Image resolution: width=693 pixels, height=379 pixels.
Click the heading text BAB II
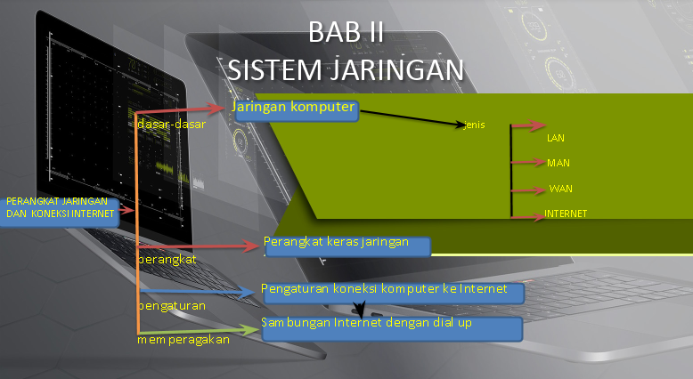346,31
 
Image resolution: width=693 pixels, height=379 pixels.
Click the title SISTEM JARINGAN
346,69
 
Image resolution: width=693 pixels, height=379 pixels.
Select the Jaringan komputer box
296,109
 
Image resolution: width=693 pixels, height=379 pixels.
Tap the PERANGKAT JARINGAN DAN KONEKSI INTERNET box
59,207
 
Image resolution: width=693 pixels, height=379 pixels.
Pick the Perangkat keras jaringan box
347,245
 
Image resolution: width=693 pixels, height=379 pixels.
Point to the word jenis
475,124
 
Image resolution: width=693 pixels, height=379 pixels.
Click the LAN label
556,138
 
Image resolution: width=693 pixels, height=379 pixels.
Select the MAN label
558,163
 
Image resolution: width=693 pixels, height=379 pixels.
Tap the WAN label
560,189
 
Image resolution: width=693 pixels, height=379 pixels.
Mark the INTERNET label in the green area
567,214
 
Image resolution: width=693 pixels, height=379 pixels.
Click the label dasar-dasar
172,125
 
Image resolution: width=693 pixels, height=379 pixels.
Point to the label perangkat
167,259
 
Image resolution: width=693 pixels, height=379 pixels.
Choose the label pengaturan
171,305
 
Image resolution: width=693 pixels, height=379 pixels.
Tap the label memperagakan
183,339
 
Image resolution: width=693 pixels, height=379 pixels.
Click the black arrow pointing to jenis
410,118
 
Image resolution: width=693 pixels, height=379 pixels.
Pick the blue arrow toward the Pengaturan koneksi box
196,292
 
